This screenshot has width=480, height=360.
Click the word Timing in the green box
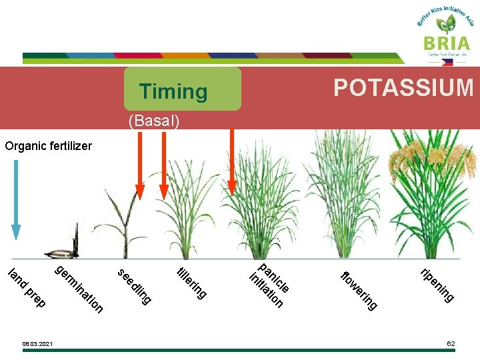(x=173, y=91)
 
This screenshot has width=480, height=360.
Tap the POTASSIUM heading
(x=403, y=87)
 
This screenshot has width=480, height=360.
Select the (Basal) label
(x=154, y=121)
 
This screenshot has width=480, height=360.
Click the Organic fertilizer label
(x=48, y=145)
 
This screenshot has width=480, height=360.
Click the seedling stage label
(x=134, y=286)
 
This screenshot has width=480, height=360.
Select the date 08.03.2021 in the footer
(x=37, y=344)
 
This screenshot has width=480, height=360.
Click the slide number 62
(x=451, y=343)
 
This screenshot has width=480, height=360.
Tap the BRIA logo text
(x=445, y=43)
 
